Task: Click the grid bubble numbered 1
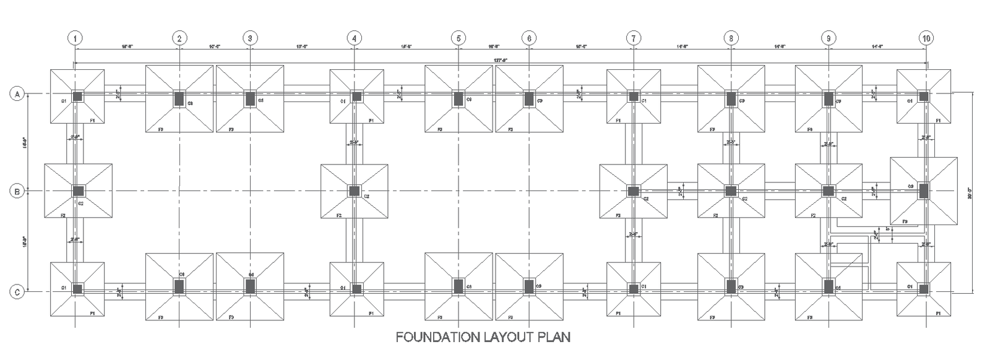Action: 75,38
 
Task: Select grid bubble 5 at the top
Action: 458,38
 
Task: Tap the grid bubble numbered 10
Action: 926,38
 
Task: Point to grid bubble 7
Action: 633,38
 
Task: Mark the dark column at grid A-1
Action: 77,96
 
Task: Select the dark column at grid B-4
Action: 354,191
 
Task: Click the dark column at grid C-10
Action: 924,288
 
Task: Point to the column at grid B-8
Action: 731,191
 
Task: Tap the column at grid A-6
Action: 529,98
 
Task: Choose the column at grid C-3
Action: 250,286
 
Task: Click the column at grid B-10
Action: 924,191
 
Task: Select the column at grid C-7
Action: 634,288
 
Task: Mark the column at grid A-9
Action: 829,98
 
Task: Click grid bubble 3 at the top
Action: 249,38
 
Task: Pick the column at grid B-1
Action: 77,191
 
